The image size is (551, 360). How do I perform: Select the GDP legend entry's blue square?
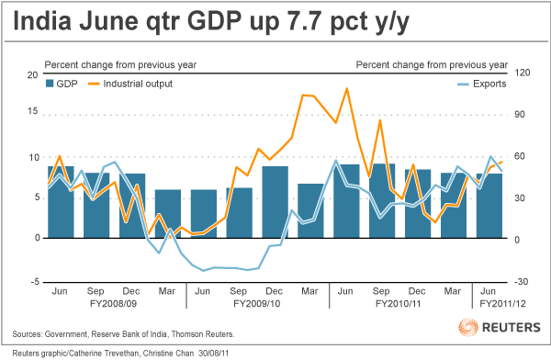(51, 84)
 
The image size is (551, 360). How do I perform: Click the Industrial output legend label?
(139, 84)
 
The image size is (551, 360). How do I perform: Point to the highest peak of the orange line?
(346, 89)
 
